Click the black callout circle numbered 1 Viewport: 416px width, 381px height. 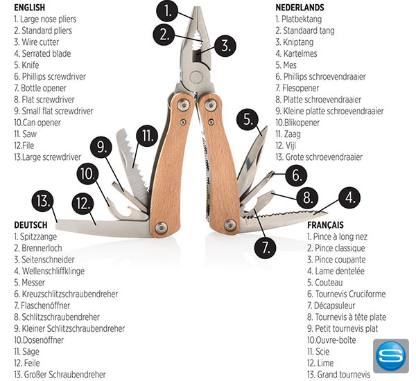click(x=168, y=11)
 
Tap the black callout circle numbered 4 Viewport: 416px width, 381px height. click(x=349, y=200)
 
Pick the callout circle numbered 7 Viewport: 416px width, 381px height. click(x=263, y=245)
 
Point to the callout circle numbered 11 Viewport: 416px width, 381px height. click(x=146, y=134)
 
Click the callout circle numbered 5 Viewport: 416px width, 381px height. click(x=248, y=120)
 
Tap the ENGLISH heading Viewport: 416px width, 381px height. click(x=30, y=8)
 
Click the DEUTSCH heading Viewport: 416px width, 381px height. click(x=31, y=225)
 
